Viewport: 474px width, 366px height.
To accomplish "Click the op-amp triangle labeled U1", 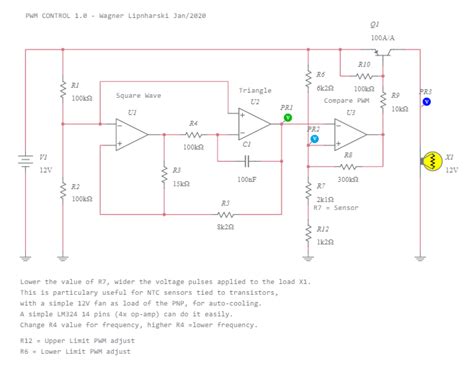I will click(131, 136).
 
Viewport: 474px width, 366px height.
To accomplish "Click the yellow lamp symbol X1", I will click(433, 160).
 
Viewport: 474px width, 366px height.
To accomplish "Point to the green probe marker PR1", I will click(288, 117).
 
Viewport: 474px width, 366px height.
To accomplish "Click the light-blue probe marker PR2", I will click(314, 140).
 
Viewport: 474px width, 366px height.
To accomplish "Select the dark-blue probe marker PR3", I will click(426, 101).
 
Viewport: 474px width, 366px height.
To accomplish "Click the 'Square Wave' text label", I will click(138, 96).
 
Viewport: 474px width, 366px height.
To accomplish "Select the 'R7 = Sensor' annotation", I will click(335, 209).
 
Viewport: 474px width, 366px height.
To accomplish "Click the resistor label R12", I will click(322, 229).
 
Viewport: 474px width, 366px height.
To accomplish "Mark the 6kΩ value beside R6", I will click(325, 87).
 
